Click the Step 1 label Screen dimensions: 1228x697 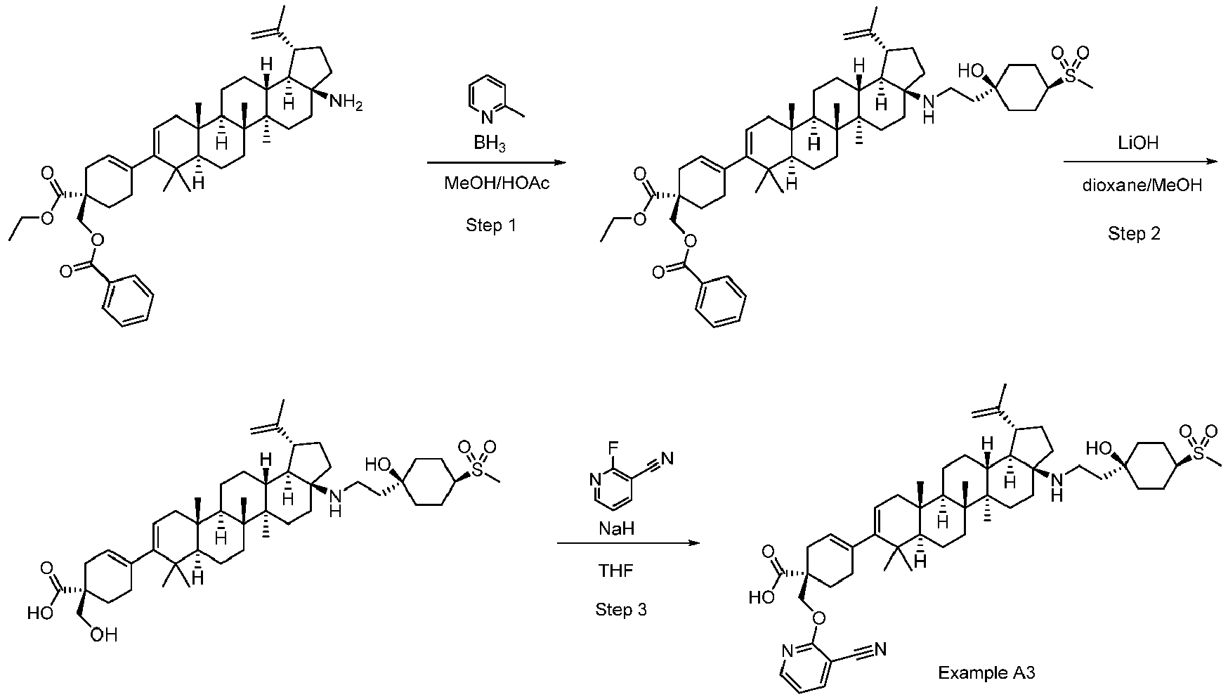click(x=491, y=226)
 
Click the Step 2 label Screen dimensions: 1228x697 click(x=1135, y=234)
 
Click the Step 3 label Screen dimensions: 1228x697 click(x=621, y=610)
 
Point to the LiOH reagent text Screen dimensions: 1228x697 click(x=1137, y=143)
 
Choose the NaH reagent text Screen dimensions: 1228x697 click(x=617, y=528)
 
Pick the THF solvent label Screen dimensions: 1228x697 click(x=615, y=570)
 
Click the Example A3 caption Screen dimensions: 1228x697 click(x=986, y=673)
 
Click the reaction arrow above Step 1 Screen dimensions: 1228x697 click(x=496, y=163)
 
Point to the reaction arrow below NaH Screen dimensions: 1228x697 click(x=629, y=543)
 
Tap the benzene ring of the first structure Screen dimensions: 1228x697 click(x=127, y=301)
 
